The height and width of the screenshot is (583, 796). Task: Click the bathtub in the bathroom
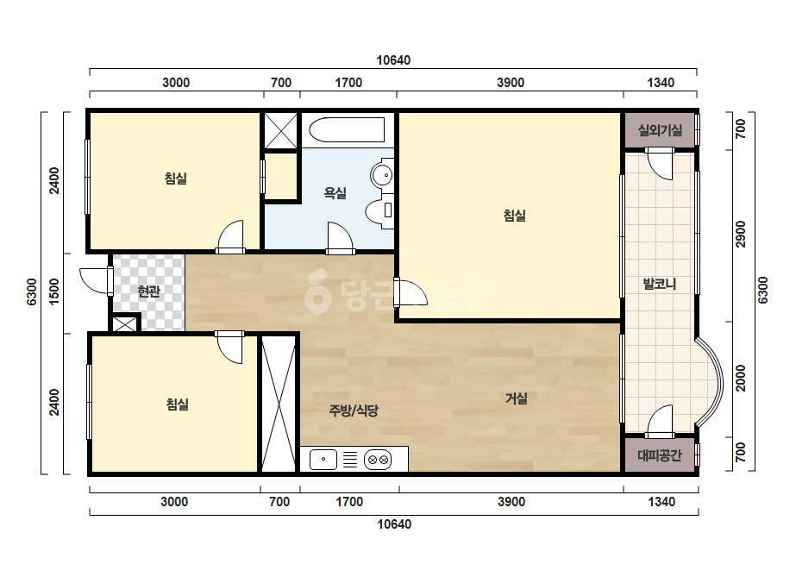[x=348, y=130]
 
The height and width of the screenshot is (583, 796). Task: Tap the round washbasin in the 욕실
[x=382, y=176]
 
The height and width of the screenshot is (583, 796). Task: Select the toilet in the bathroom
[x=380, y=210]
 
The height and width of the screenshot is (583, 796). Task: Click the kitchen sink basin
[x=323, y=460]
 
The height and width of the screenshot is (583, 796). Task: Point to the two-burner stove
[x=378, y=460]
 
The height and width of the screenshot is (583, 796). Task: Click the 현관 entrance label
[x=148, y=291]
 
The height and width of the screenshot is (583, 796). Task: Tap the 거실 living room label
[x=517, y=398]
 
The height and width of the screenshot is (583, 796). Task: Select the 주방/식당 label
[x=354, y=411]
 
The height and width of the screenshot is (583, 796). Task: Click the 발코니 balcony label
[x=660, y=284]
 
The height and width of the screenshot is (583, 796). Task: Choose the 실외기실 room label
[x=660, y=130]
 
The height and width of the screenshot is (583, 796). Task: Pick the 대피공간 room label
[x=660, y=455]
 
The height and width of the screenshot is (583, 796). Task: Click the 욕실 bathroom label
[x=335, y=193]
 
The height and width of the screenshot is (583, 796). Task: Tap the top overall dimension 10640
[x=393, y=60]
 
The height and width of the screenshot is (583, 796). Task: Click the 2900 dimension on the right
[x=741, y=234]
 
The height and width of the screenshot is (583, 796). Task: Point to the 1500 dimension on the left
[x=53, y=291]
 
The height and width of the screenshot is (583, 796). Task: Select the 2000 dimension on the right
[x=741, y=378]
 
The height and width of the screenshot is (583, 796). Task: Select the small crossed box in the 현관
[x=125, y=323]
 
